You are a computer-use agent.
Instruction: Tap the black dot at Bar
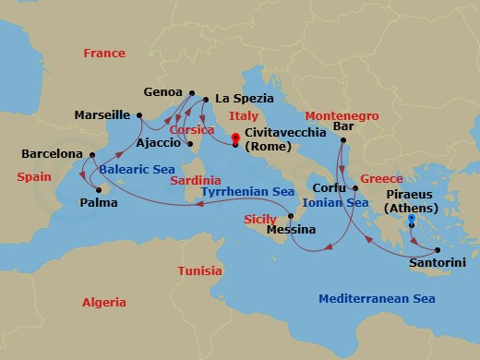tap(342, 140)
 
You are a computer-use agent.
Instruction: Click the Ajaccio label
tap(158, 144)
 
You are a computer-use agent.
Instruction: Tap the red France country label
tap(103, 54)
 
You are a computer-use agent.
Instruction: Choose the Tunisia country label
tap(198, 271)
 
